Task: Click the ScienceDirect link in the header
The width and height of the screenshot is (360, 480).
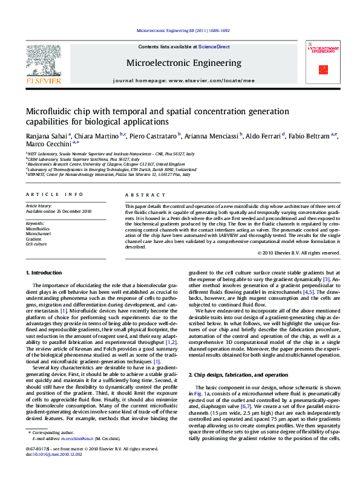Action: point(215,47)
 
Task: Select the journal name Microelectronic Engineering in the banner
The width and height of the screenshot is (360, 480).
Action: point(175,62)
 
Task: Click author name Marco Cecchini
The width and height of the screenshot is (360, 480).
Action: point(48,144)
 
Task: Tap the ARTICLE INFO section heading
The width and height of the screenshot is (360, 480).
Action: point(54,194)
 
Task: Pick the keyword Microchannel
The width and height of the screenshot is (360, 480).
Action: point(38,234)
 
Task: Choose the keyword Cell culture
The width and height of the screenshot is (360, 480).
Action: point(36,244)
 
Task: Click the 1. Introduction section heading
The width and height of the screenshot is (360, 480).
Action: point(45,273)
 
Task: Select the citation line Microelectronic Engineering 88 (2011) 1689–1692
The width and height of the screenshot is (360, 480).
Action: point(183,30)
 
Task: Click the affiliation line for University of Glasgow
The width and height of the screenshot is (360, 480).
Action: point(105,164)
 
